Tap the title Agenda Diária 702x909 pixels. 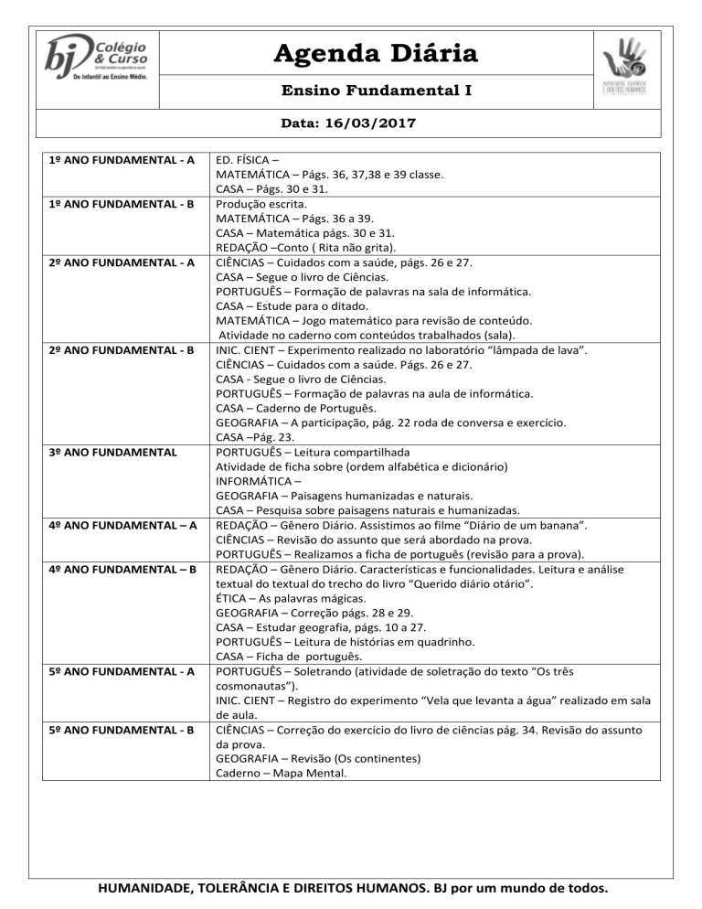(375, 54)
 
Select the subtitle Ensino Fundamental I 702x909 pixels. (375, 91)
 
